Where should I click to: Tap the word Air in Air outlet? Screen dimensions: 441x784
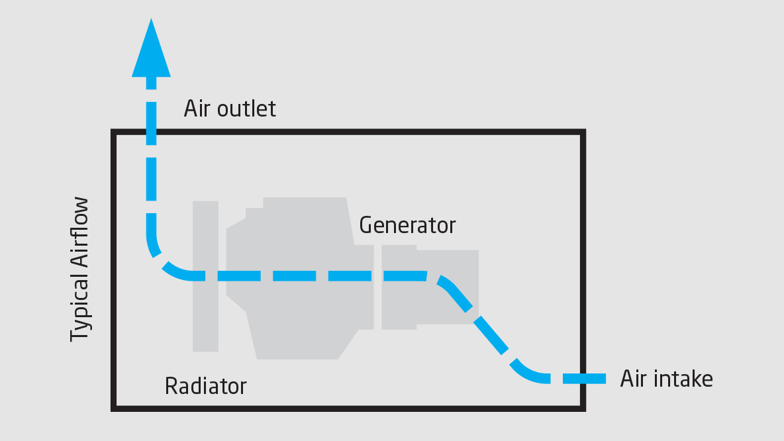(197, 108)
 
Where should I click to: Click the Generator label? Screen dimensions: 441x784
(407, 225)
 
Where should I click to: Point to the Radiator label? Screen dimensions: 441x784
(205, 385)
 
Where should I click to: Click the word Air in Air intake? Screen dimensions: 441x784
(634, 379)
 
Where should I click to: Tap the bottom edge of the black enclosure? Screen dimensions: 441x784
(348, 408)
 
